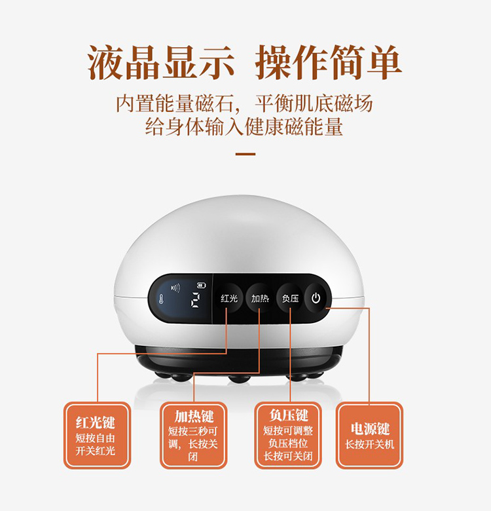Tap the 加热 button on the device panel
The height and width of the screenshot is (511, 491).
coord(260,298)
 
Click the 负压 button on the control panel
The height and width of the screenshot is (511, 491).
coord(290,298)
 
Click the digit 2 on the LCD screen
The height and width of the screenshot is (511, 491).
coord(195,300)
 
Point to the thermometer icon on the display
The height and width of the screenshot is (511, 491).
coord(161,299)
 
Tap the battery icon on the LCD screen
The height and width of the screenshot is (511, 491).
coord(202,286)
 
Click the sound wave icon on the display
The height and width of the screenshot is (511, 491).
coord(175,288)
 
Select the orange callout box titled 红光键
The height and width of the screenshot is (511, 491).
coord(97,436)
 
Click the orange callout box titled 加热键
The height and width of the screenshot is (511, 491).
coord(193,436)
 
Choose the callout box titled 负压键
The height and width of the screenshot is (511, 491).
coord(288,436)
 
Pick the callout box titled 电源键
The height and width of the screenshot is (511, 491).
coord(369,436)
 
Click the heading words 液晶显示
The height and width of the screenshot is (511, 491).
coord(161,62)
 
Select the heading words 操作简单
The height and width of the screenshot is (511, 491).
coord(328,62)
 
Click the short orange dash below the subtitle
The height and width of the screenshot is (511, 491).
coord(245,154)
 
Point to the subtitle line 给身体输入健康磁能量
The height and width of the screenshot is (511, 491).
coord(244,126)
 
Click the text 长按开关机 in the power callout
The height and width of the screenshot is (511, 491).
coord(369,444)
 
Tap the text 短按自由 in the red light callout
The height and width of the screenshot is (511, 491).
coord(96,438)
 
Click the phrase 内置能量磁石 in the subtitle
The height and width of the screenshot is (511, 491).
coord(175,104)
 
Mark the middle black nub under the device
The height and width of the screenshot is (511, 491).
coord(240,379)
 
